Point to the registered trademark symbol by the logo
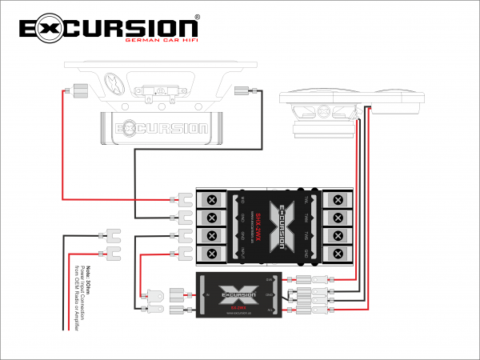tap(197, 16)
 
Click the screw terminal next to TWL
tap(338, 198)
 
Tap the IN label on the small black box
tap(203, 293)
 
